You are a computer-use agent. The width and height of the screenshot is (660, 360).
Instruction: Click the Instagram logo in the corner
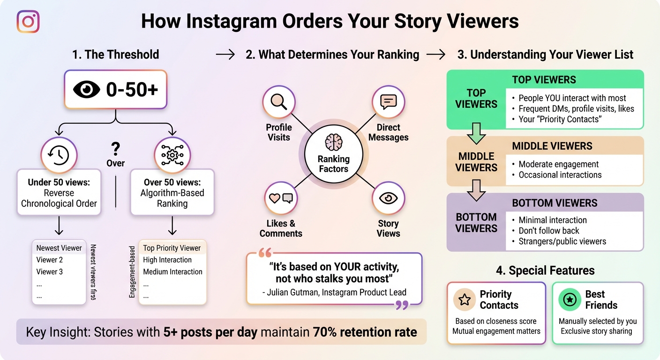click(28, 22)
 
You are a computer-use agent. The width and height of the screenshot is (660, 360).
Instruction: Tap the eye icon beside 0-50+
click(87, 90)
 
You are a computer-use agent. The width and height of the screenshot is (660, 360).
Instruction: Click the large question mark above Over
click(115, 150)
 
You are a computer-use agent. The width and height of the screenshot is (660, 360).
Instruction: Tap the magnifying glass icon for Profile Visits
click(278, 102)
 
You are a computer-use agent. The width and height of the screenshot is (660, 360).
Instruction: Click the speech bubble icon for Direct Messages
click(388, 102)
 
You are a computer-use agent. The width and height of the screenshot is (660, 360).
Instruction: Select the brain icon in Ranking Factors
click(334, 142)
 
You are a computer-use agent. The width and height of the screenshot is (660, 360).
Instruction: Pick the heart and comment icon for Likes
click(281, 198)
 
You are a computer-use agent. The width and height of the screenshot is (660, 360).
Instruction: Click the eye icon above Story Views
click(388, 198)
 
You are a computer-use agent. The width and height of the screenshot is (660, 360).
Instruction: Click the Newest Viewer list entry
click(59, 248)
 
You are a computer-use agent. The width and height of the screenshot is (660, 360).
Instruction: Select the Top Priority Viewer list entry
click(172, 248)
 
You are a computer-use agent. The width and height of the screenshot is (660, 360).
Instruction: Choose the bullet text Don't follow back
click(549, 231)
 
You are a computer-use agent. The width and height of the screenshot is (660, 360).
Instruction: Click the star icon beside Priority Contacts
click(465, 300)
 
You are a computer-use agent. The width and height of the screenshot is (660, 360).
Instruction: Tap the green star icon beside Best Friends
click(570, 300)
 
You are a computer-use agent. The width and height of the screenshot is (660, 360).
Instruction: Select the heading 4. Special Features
click(545, 270)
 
